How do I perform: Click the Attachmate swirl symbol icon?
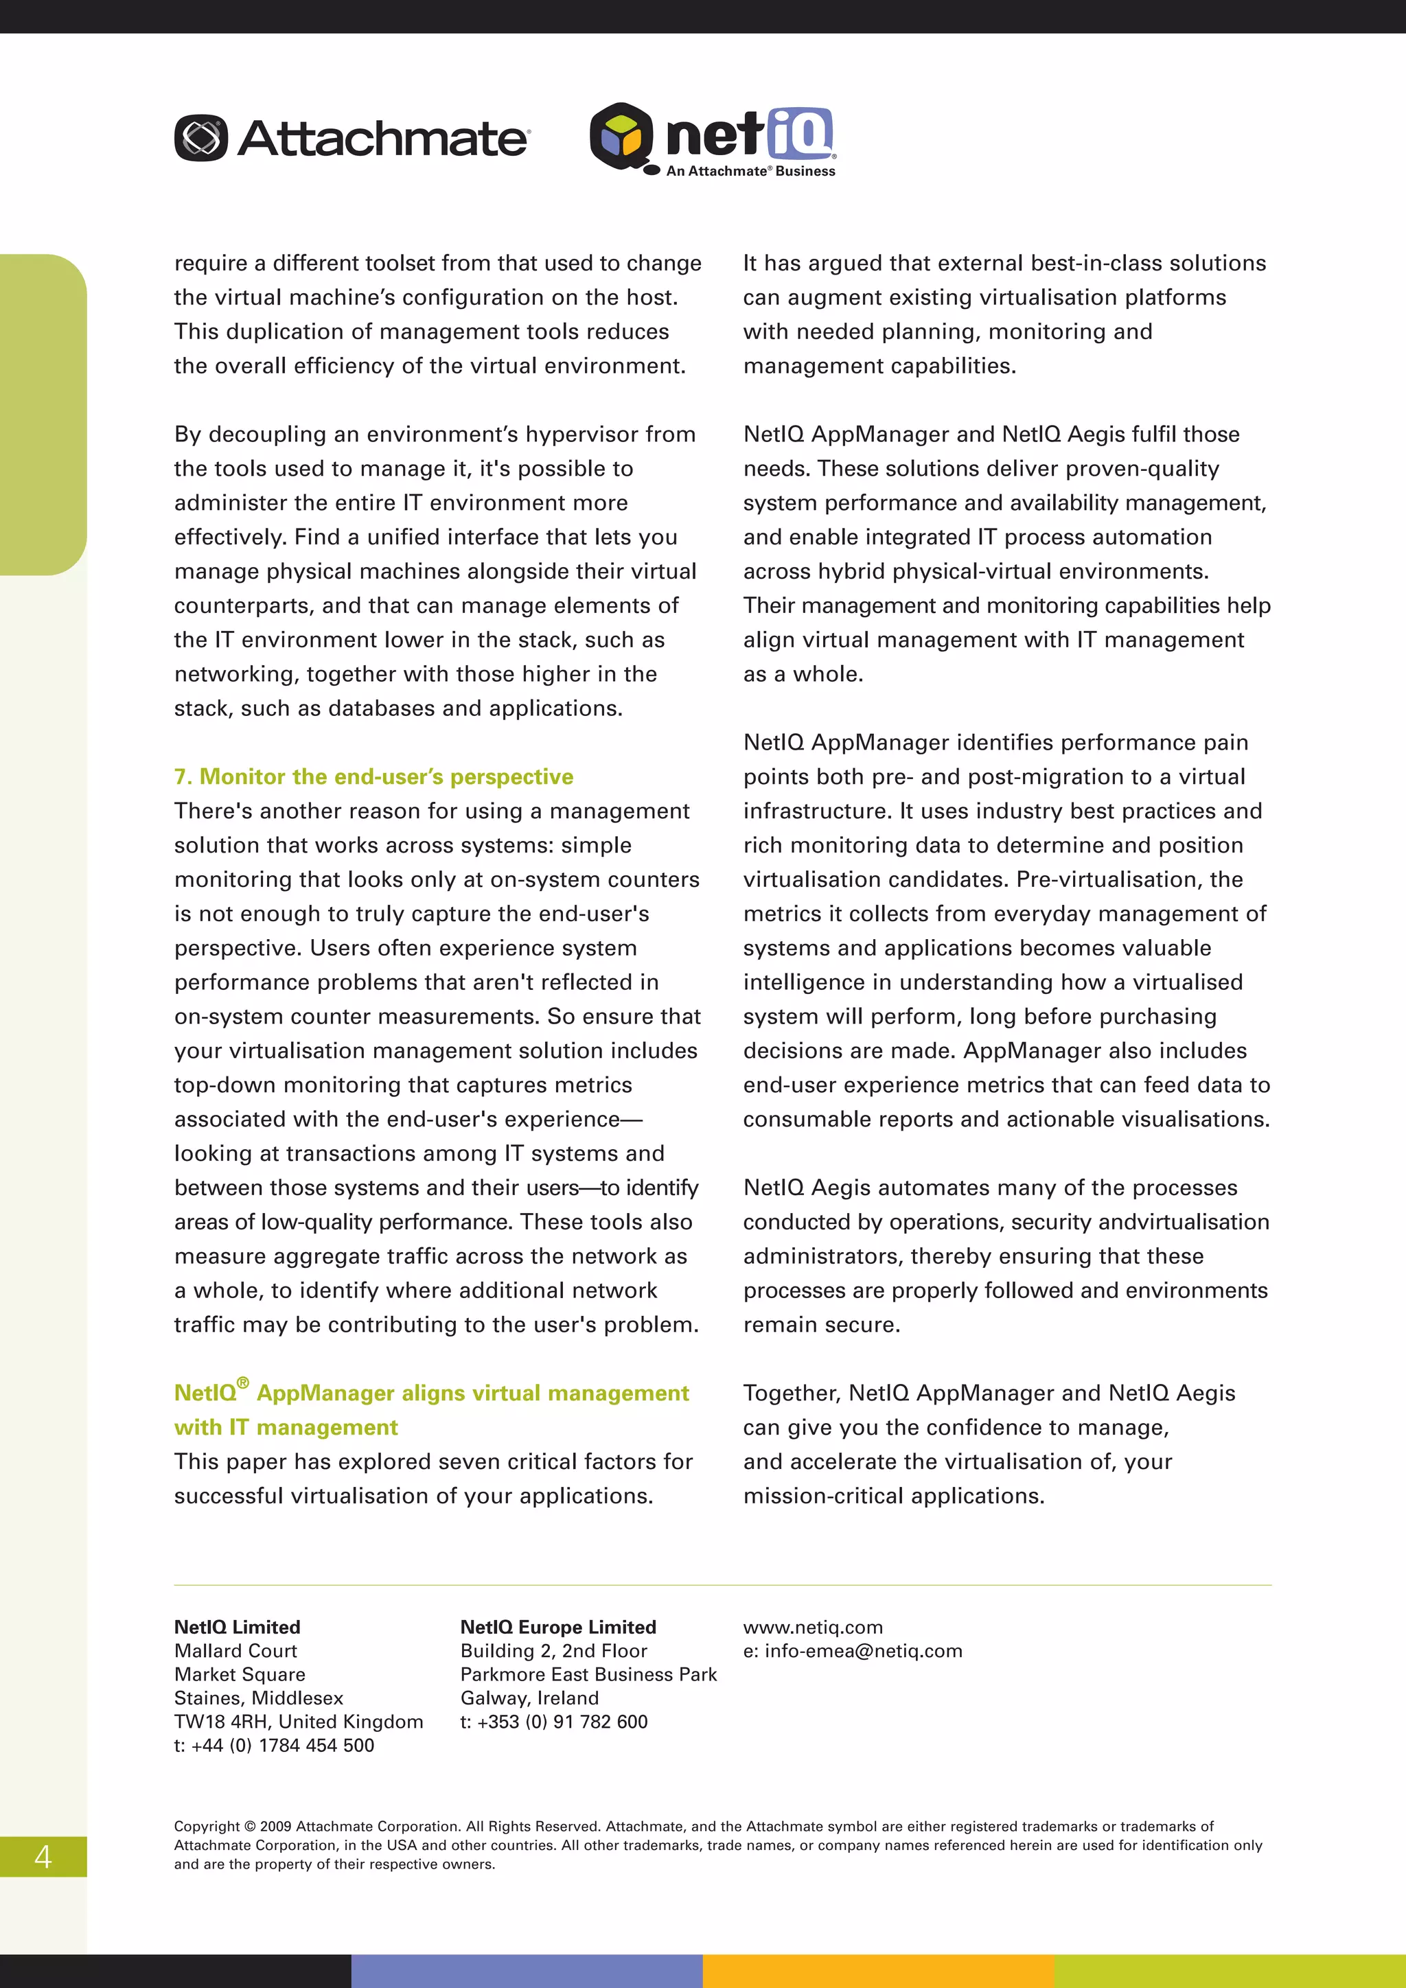coord(201,138)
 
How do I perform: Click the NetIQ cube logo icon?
coord(621,136)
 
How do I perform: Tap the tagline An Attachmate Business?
coord(750,172)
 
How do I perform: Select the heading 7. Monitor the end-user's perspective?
coord(373,776)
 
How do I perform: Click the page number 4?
coord(43,1856)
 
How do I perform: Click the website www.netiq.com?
coord(813,1627)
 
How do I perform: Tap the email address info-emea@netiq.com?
coord(863,1650)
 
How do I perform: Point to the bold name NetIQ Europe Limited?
coord(557,1627)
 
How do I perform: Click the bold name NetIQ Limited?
coord(238,1627)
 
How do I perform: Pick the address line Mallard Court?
coord(235,1650)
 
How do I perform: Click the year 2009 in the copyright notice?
coord(275,1826)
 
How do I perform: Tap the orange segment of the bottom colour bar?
coord(878,1971)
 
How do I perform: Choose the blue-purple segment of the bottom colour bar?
coord(527,1971)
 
